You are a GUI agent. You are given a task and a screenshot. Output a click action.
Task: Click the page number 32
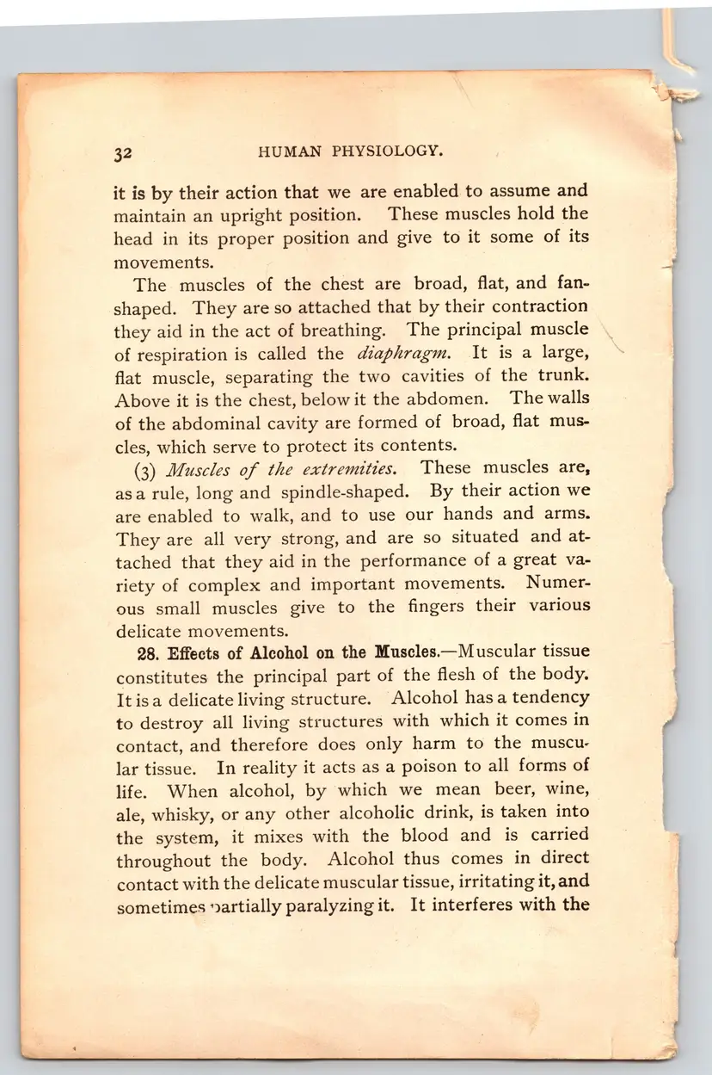pyautogui.click(x=121, y=154)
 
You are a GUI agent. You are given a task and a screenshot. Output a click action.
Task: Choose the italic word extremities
pyautogui.click(x=344, y=468)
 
